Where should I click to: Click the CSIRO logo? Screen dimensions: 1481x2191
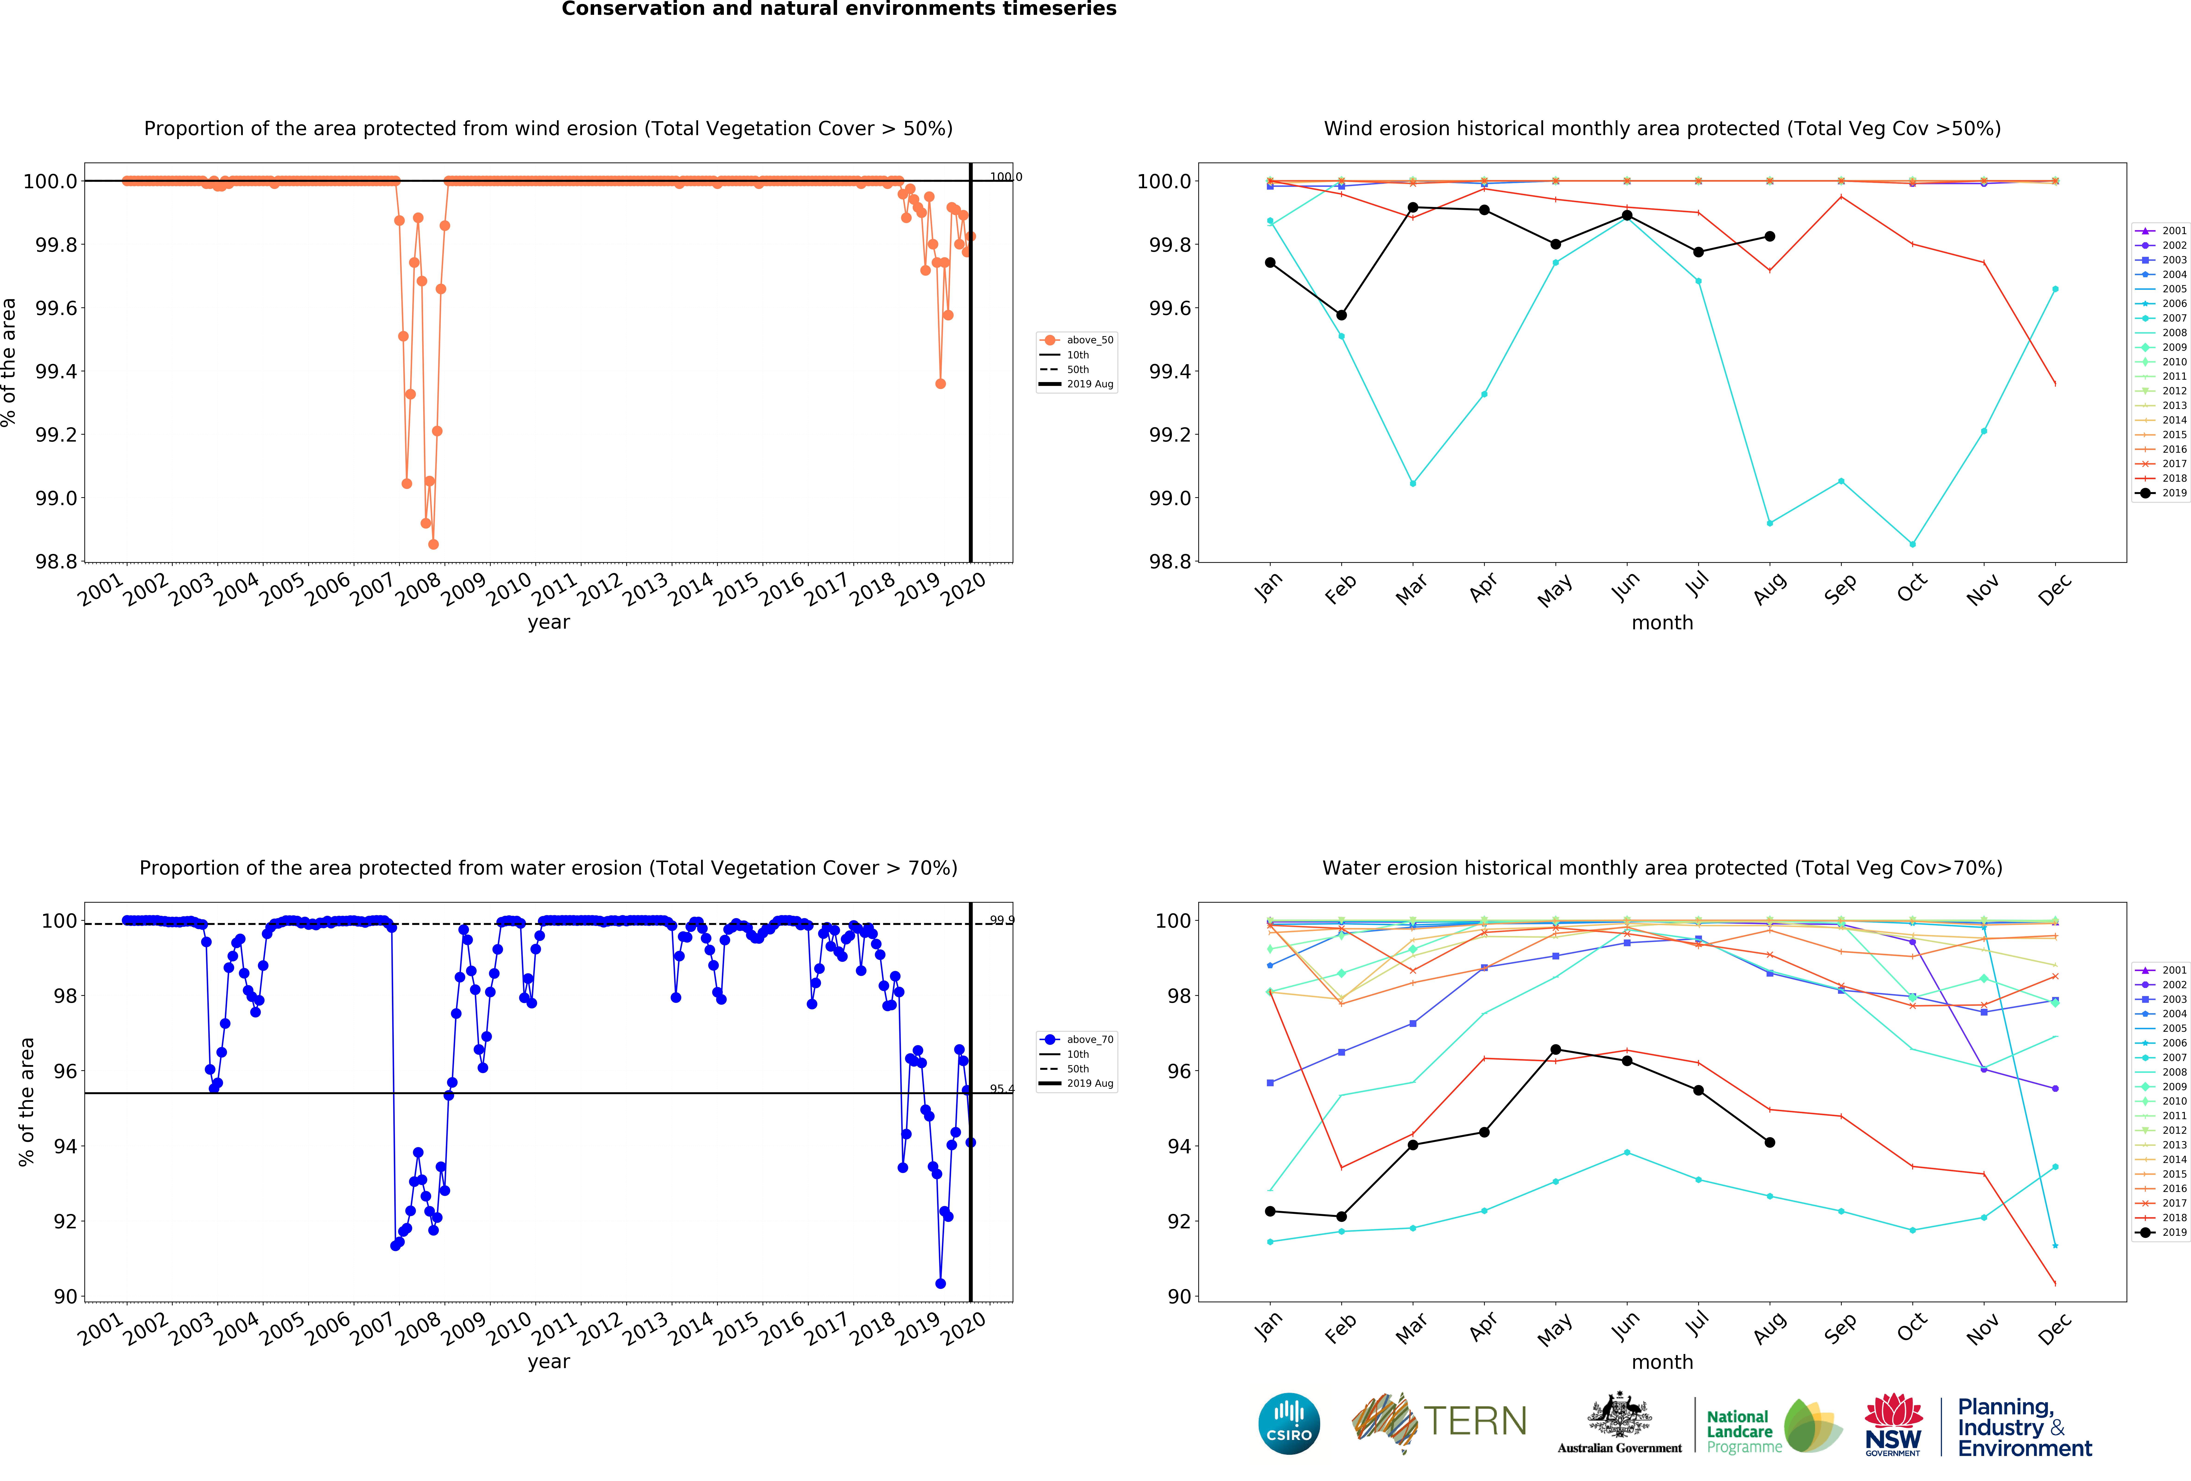[x=1289, y=1423]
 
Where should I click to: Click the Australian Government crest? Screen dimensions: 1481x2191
[x=1619, y=1414]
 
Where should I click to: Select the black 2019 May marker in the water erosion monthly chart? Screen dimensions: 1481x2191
[x=1555, y=1049]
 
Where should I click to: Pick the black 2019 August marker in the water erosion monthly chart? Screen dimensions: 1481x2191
[x=1770, y=1143]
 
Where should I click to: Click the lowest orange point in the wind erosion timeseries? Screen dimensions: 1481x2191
[x=433, y=544]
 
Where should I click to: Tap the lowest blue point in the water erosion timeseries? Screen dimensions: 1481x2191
[x=940, y=1283]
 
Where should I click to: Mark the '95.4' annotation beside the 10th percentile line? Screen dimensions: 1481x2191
[x=1001, y=1089]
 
